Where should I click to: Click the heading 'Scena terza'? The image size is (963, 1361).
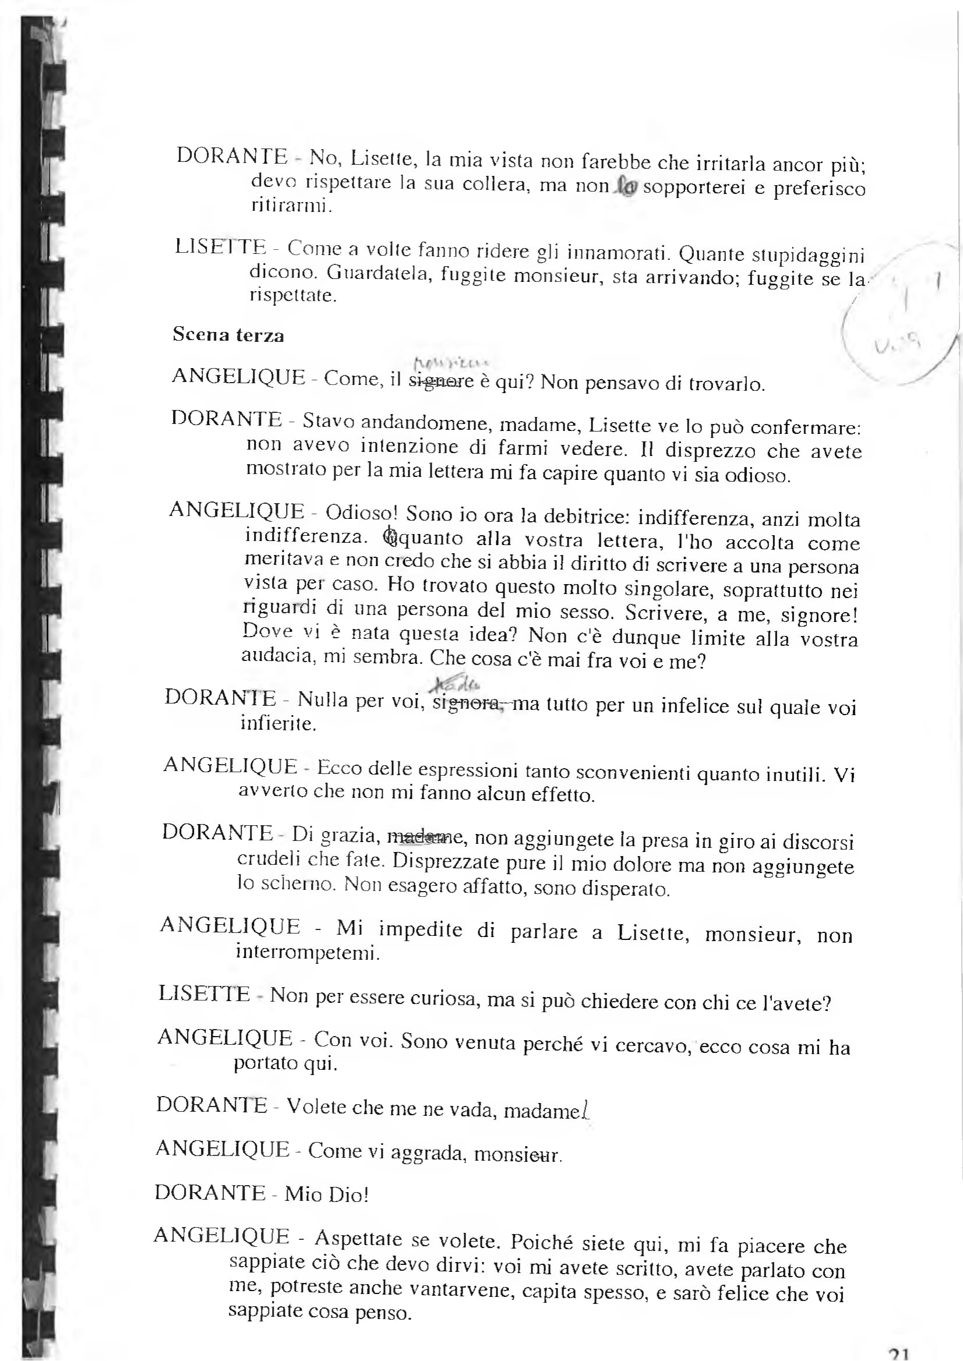point(228,335)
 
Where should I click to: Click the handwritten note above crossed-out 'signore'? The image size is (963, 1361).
point(451,362)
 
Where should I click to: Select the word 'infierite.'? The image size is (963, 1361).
point(278,723)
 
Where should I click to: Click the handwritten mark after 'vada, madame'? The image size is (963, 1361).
point(586,1109)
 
